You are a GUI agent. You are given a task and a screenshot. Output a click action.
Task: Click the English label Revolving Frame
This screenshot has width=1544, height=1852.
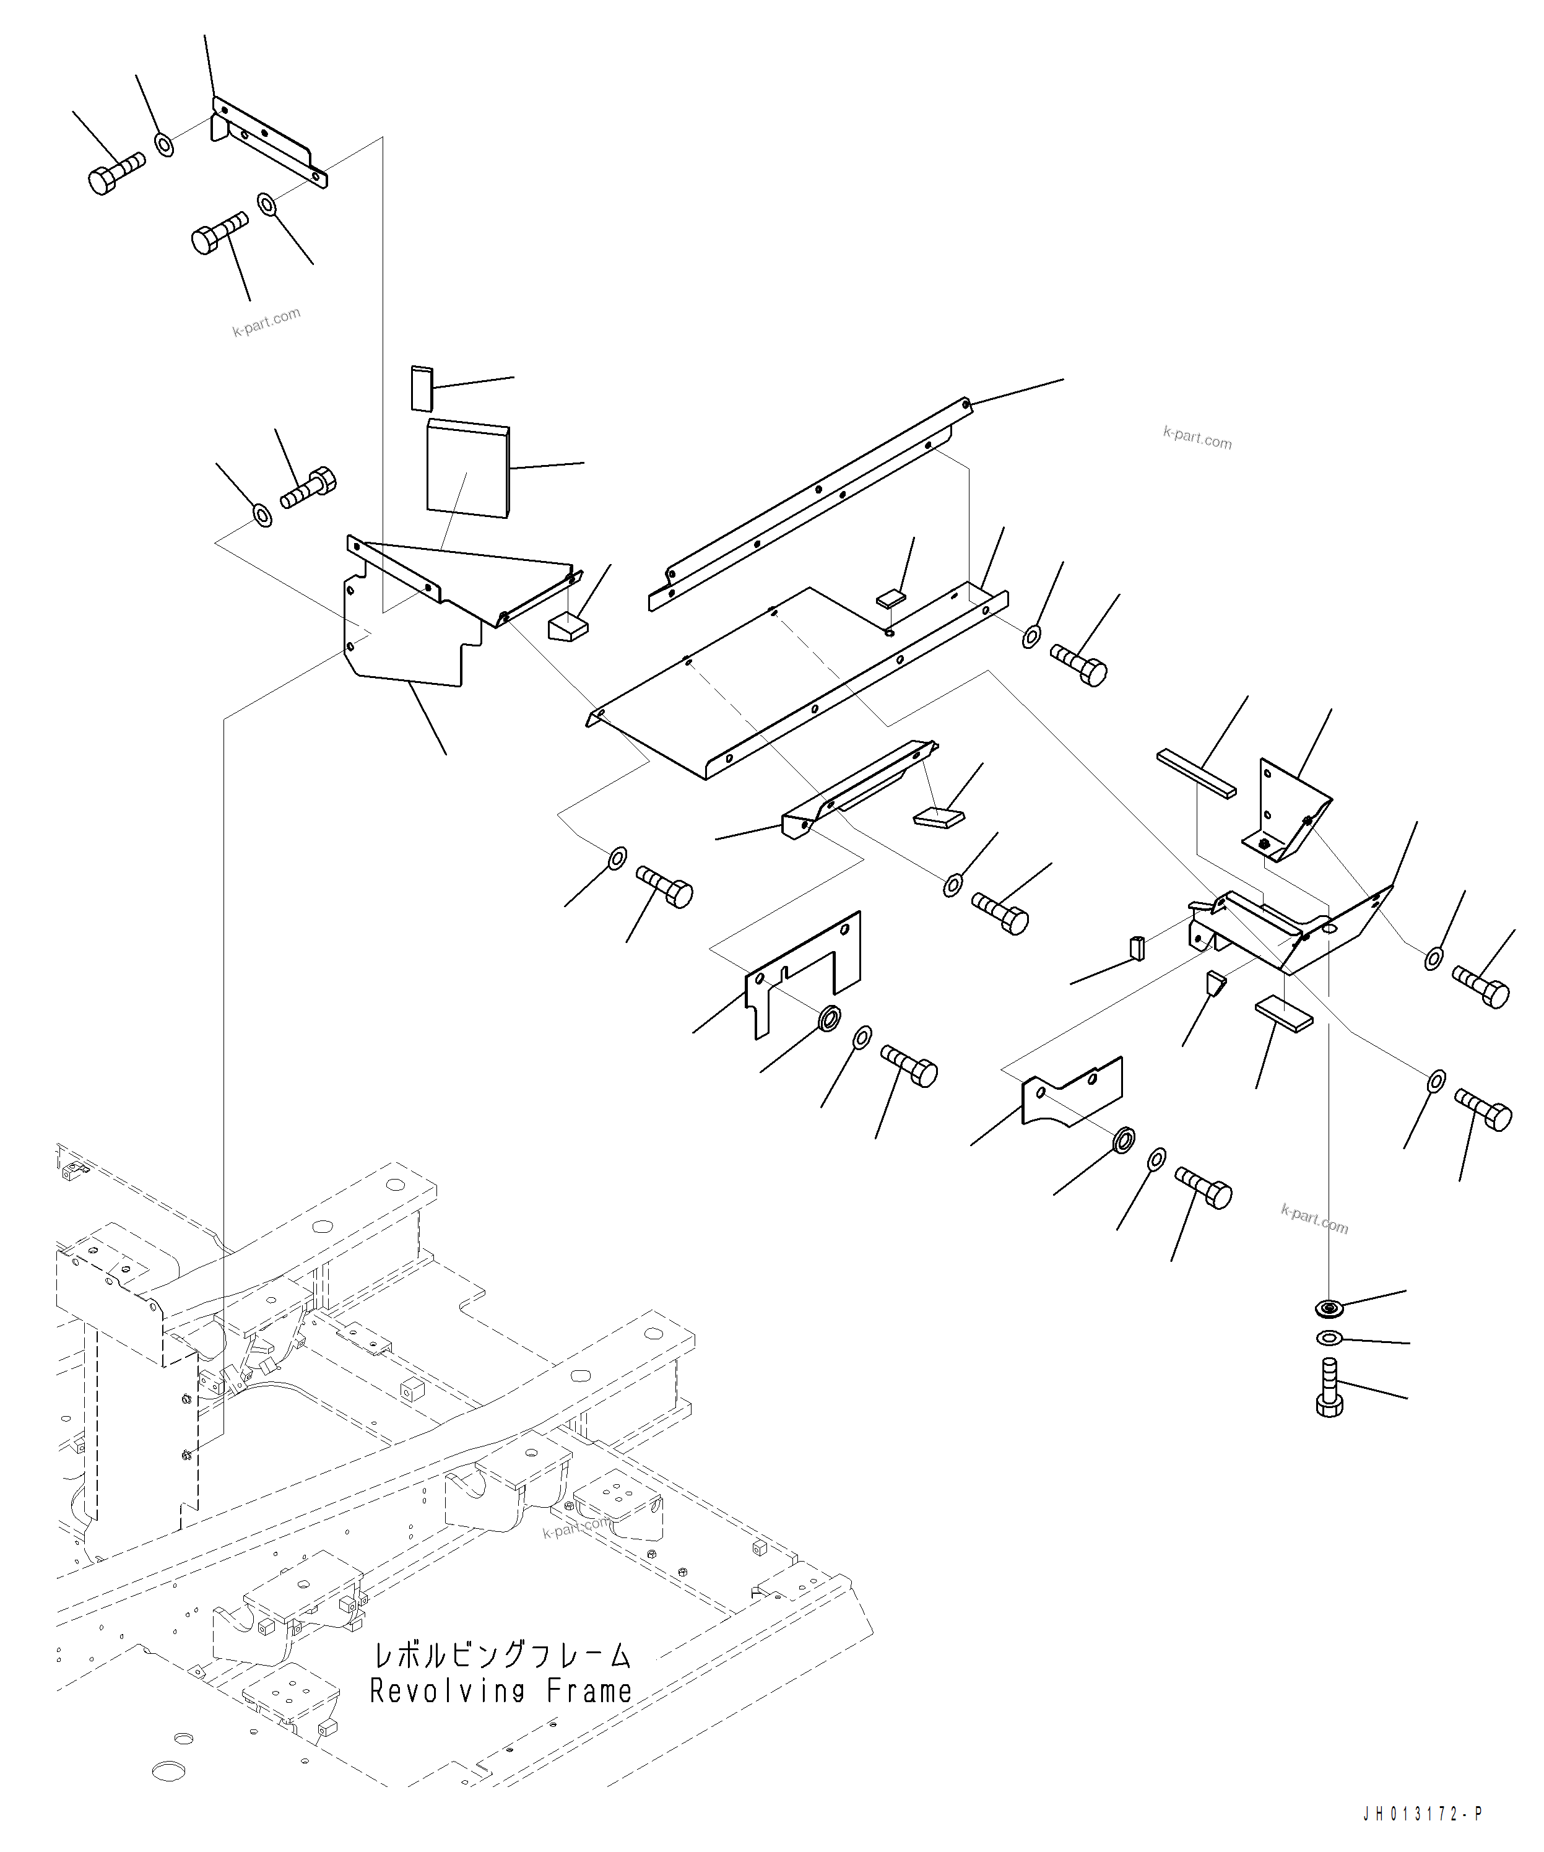point(501,1690)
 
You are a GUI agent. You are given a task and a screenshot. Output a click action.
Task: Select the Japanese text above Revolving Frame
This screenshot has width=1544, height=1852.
point(501,1654)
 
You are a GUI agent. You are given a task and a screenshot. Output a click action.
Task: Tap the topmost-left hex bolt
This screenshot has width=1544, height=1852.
point(115,172)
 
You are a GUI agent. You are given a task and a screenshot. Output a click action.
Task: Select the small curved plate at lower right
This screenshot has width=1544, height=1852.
point(1072,1093)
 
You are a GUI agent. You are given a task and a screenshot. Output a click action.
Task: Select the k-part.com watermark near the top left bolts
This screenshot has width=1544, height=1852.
point(266,322)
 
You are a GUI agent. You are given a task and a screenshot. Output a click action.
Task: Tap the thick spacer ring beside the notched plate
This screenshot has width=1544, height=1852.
point(830,1018)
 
